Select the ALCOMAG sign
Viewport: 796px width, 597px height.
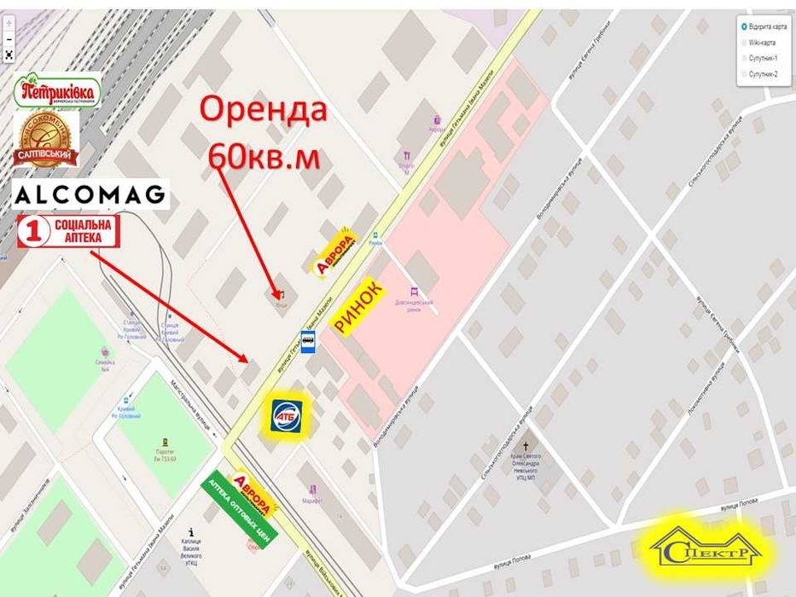[90, 194]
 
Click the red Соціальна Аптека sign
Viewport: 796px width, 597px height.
[68, 231]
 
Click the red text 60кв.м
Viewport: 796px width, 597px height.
[264, 154]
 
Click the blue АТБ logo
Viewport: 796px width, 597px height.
[285, 415]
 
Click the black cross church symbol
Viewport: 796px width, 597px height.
[526, 445]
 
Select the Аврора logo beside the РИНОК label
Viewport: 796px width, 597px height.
[334, 252]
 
